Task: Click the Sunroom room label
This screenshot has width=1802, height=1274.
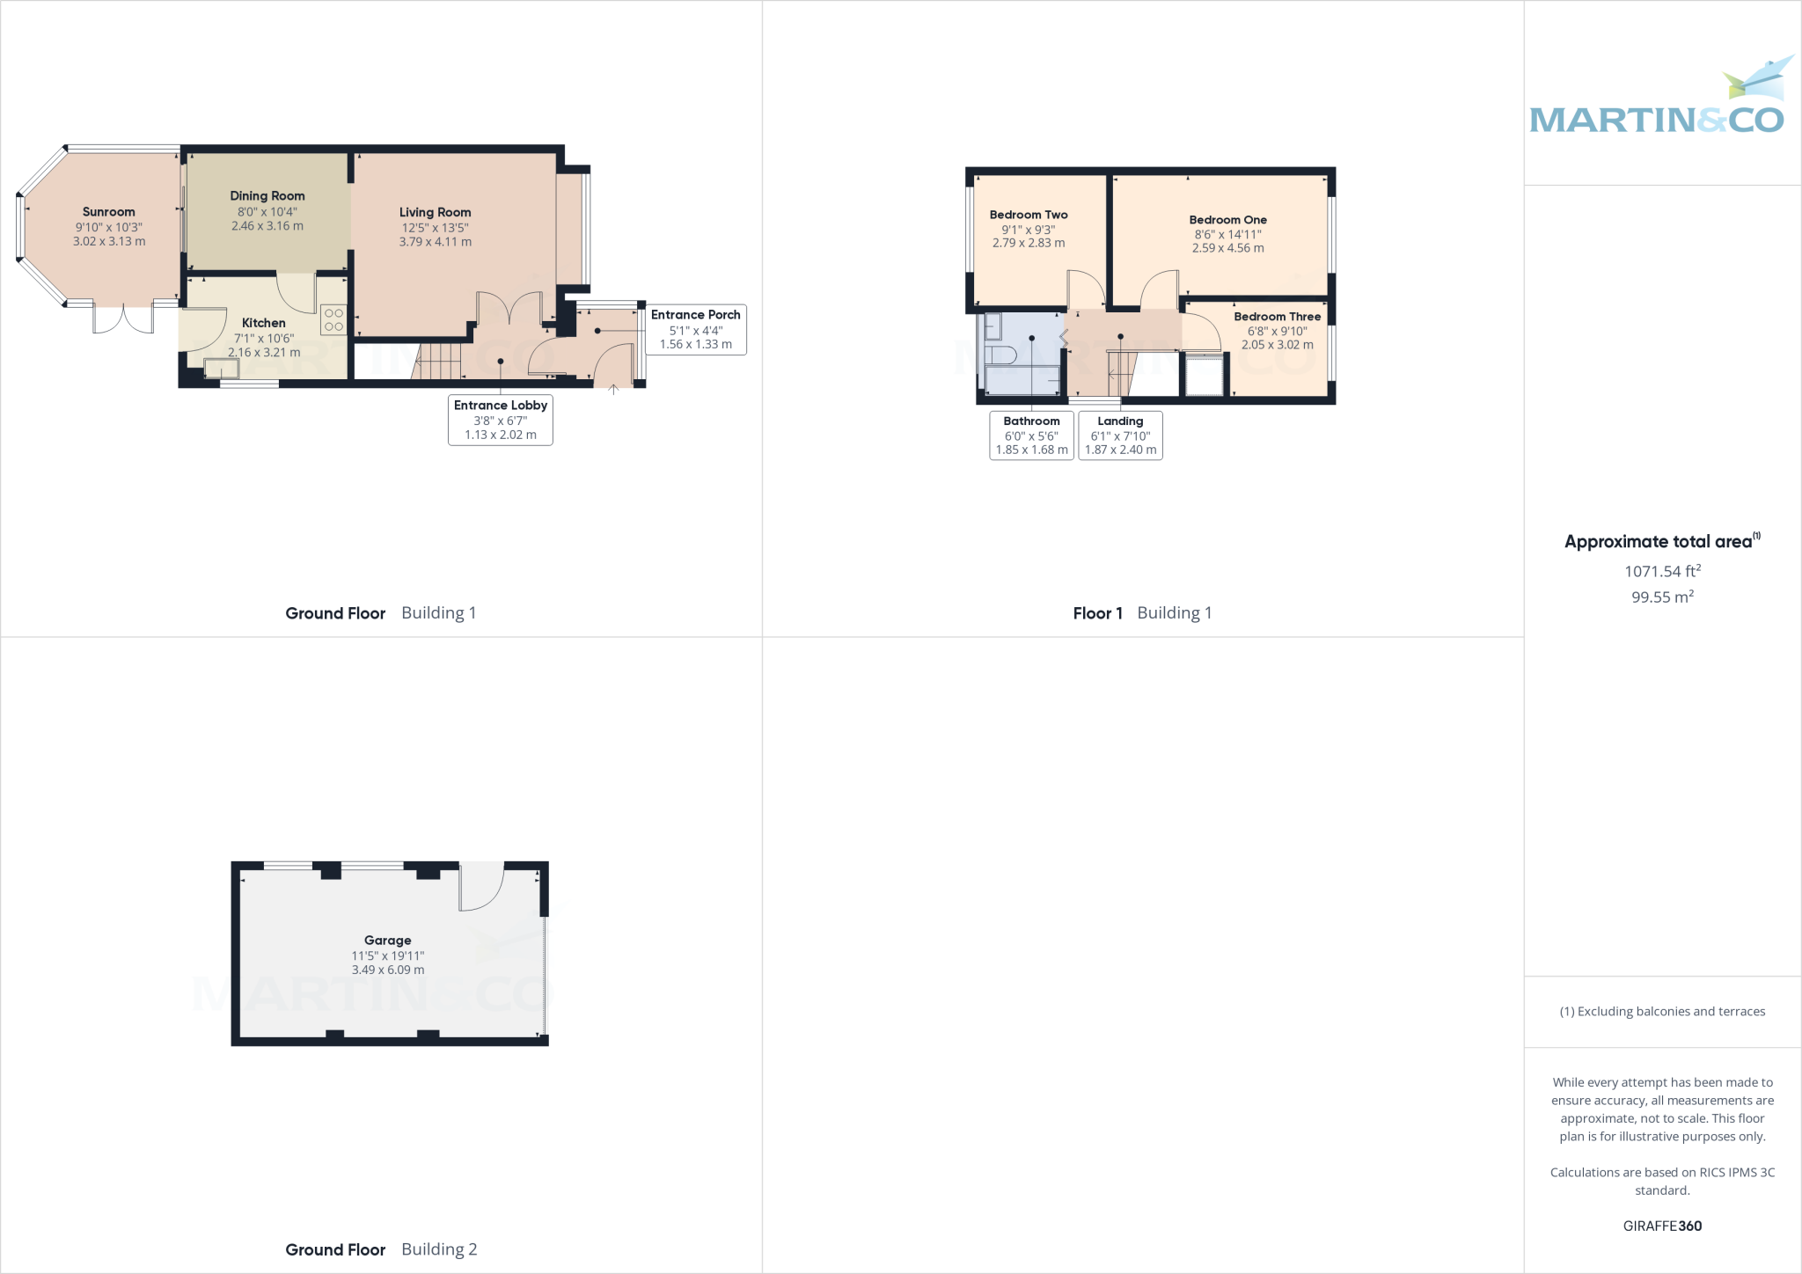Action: [108, 212]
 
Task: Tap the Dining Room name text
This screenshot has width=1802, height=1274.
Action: [267, 196]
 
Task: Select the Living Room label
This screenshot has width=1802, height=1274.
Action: [435, 212]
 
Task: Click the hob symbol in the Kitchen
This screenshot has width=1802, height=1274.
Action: [333, 319]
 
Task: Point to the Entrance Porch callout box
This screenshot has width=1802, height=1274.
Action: [695, 329]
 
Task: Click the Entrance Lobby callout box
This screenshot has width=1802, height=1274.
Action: [501, 420]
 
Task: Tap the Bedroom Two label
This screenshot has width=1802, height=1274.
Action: [1028, 215]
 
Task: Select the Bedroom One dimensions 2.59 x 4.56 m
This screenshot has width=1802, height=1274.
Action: [1227, 248]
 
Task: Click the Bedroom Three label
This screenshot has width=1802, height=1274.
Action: [1277, 317]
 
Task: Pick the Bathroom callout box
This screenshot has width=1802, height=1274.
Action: [1031, 436]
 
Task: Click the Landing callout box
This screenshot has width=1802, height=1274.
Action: [1120, 436]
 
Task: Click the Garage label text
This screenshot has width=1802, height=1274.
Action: [387, 941]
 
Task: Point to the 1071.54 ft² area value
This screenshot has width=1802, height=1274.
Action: [1662, 571]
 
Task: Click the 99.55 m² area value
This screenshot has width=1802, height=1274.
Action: [1662, 597]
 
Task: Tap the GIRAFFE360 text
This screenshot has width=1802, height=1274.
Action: [1662, 1226]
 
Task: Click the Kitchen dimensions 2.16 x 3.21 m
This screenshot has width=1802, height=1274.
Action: [264, 353]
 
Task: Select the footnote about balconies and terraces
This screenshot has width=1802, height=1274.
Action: [1662, 1012]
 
